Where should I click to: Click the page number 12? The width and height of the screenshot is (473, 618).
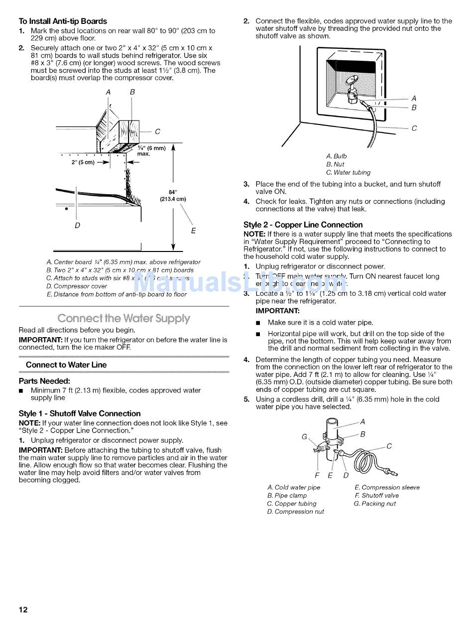point(23,610)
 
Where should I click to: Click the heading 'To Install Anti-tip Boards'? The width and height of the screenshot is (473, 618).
point(63,21)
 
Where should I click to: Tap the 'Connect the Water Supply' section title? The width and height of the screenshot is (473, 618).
point(123,318)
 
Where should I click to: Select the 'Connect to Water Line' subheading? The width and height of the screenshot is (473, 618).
point(66,365)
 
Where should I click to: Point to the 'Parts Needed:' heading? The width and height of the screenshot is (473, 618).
point(44,381)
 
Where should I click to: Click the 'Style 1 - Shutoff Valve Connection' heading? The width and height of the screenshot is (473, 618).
point(80,413)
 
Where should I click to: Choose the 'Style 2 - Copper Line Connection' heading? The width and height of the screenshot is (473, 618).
point(303,225)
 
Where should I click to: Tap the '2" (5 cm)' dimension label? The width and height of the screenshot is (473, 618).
point(83,162)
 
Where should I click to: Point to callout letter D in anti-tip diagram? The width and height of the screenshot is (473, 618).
point(77,226)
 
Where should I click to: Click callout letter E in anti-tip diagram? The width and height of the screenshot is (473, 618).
point(193,231)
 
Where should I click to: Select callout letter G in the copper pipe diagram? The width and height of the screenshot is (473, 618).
point(304,437)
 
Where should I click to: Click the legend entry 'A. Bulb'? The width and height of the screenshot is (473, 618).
point(337,156)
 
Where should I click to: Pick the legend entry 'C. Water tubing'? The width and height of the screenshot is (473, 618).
point(348,172)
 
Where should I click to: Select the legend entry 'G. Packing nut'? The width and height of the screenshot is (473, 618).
point(374,503)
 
